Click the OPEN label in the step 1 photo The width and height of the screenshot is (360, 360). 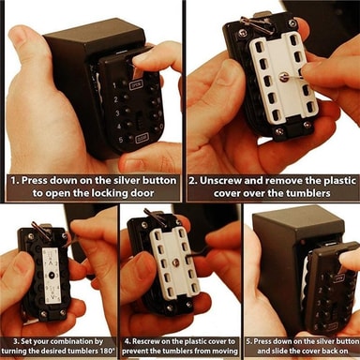(136, 84)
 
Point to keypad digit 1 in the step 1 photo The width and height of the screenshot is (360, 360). (115, 85)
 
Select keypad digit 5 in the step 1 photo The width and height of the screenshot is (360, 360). (121, 140)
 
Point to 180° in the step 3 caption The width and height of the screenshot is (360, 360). (109, 351)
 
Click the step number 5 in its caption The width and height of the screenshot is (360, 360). (248, 341)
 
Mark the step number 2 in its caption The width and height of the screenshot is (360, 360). (192, 181)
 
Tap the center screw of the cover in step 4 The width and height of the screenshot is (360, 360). (175, 262)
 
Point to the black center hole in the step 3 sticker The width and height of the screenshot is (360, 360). (51, 276)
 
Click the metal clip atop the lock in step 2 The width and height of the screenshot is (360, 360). (257, 22)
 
